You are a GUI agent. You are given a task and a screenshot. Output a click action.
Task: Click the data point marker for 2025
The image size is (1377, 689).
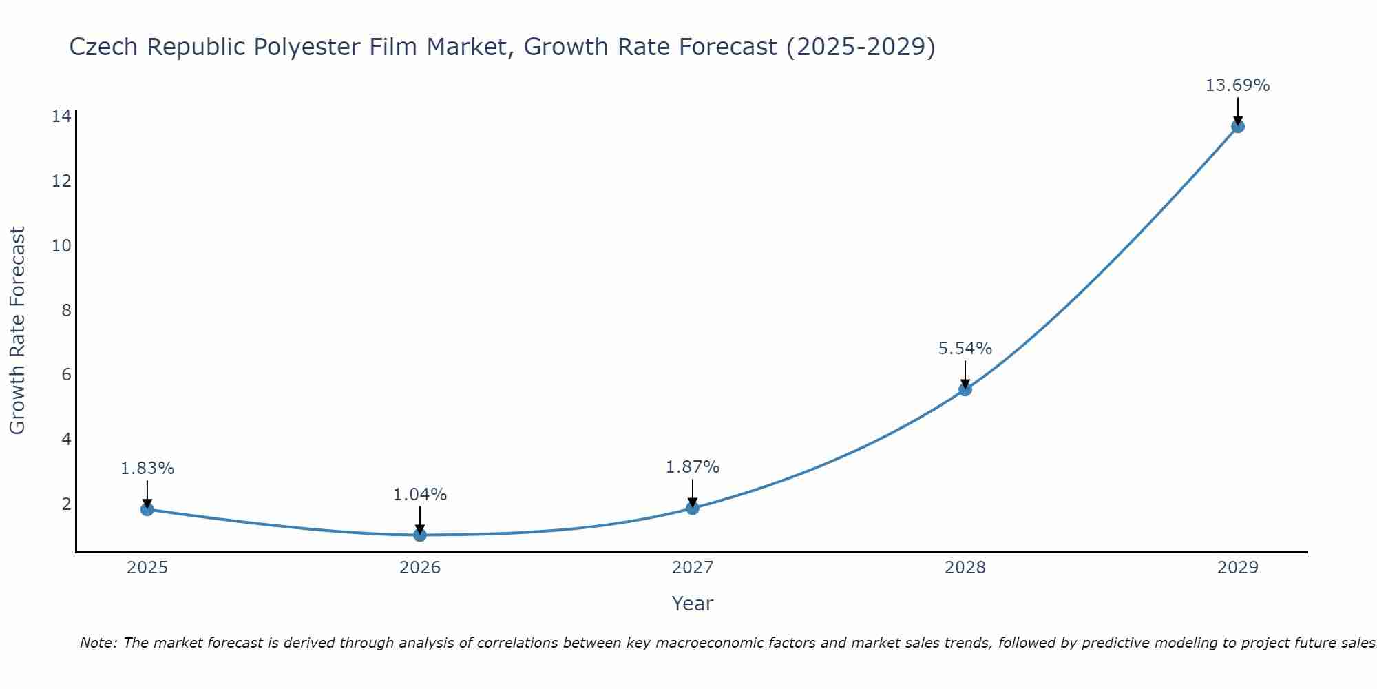coord(147,509)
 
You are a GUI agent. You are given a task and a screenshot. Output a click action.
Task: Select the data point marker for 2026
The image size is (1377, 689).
coord(420,535)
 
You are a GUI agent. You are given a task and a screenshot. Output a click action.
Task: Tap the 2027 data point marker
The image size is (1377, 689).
coord(693,508)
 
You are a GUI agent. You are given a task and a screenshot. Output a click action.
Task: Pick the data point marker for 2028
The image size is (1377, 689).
coord(965,389)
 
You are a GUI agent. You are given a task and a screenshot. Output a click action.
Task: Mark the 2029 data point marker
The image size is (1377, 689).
coord(1238,126)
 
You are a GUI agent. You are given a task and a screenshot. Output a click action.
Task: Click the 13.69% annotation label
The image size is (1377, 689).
coord(1237,85)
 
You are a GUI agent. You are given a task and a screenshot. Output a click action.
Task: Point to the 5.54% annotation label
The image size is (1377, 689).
coord(965,349)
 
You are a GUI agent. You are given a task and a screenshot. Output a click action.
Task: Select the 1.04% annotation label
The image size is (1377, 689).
coord(420,495)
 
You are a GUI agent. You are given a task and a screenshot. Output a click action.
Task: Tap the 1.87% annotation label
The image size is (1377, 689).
coord(693,467)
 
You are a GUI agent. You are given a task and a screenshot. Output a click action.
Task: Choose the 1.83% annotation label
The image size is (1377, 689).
coord(147,469)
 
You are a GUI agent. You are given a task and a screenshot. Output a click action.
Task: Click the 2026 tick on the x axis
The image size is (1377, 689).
coord(420,568)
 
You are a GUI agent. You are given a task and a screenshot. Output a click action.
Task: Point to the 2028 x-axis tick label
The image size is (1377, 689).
coord(965,568)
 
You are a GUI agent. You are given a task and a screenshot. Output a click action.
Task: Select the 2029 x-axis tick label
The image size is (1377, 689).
coord(1238,568)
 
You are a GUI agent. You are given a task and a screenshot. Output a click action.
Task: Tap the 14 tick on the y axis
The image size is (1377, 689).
coord(62,116)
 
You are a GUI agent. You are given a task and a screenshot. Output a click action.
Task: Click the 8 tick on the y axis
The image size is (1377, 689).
coord(66,310)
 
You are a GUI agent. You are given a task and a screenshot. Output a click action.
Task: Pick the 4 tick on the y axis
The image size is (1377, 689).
coord(66,439)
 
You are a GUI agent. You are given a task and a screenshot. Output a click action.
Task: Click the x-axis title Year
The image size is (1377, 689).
coord(692,604)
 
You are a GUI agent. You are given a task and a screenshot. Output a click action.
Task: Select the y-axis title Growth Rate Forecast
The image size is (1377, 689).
coord(18,331)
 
